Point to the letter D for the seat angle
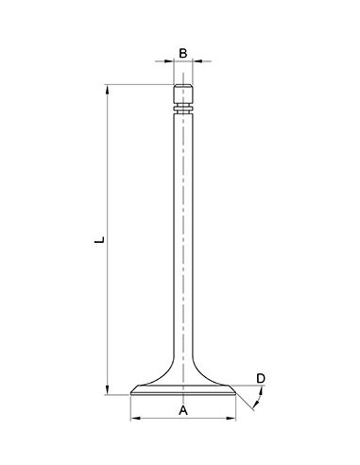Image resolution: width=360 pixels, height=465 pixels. click(x=261, y=379)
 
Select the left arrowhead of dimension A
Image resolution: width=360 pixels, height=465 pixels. click(x=133, y=418)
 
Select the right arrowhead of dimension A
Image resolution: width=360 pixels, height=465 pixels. click(x=233, y=418)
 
